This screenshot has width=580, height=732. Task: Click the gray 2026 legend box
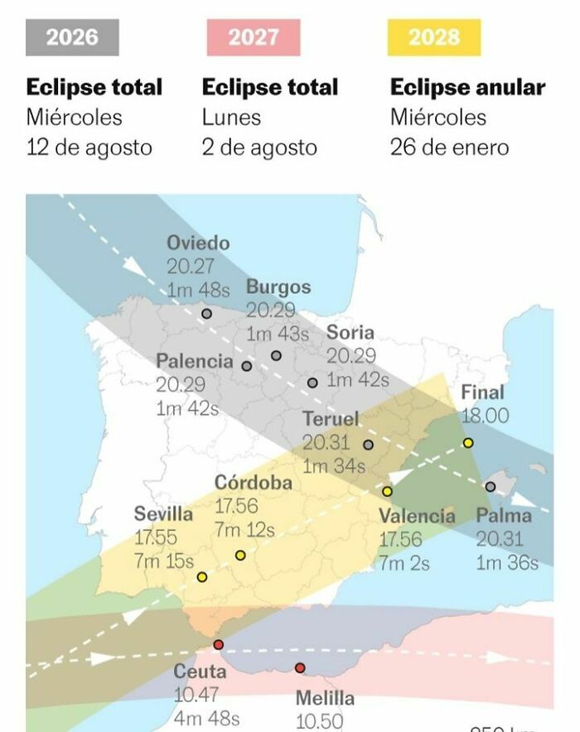click(x=72, y=37)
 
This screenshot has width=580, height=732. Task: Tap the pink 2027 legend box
click(x=254, y=37)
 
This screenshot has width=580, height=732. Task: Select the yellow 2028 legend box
click(x=433, y=37)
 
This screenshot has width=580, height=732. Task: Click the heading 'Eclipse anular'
click(x=467, y=88)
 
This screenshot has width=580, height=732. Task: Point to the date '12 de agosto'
click(x=89, y=148)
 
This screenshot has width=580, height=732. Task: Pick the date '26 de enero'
click(x=449, y=148)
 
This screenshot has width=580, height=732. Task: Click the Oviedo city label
click(x=198, y=243)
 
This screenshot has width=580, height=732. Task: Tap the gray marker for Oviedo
click(x=206, y=314)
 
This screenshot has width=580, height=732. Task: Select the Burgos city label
click(x=278, y=287)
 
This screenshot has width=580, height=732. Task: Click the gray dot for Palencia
click(x=247, y=365)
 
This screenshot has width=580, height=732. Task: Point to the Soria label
click(x=350, y=333)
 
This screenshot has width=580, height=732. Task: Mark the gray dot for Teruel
click(x=368, y=445)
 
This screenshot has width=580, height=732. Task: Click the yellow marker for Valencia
click(x=387, y=491)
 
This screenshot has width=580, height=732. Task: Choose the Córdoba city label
click(x=253, y=483)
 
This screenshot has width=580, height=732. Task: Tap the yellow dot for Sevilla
click(x=202, y=576)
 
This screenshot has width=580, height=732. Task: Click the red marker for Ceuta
click(x=218, y=644)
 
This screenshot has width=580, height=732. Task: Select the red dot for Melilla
click(x=300, y=668)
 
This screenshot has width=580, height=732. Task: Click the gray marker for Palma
click(x=491, y=486)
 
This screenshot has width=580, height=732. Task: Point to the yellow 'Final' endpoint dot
click(x=468, y=443)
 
